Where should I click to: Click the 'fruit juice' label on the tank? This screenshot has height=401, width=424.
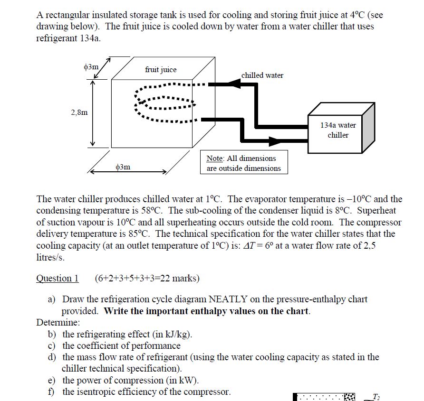pyautogui.click(x=161, y=70)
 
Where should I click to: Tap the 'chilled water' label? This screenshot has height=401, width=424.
pyautogui.click(x=262, y=75)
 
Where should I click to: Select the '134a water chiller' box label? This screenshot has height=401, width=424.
pyautogui.click(x=337, y=130)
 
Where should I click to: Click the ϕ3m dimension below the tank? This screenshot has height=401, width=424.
pyautogui.click(x=123, y=167)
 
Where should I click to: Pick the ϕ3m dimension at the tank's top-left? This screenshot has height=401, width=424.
pyautogui.click(x=91, y=67)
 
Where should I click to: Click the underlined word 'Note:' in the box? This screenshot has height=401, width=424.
pyautogui.click(x=216, y=158)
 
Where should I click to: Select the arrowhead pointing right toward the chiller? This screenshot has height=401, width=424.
pyautogui.click(x=275, y=141)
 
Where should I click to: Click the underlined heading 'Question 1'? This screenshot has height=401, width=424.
pyautogui.click(x=58, y=278)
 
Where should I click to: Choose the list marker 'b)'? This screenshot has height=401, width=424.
pyautogui.click(x=52, y=334)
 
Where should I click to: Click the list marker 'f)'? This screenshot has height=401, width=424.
pyautogui.click(x=52, y=392)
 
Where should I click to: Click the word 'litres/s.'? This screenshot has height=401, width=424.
pyautogui.click(x=50, y=258)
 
